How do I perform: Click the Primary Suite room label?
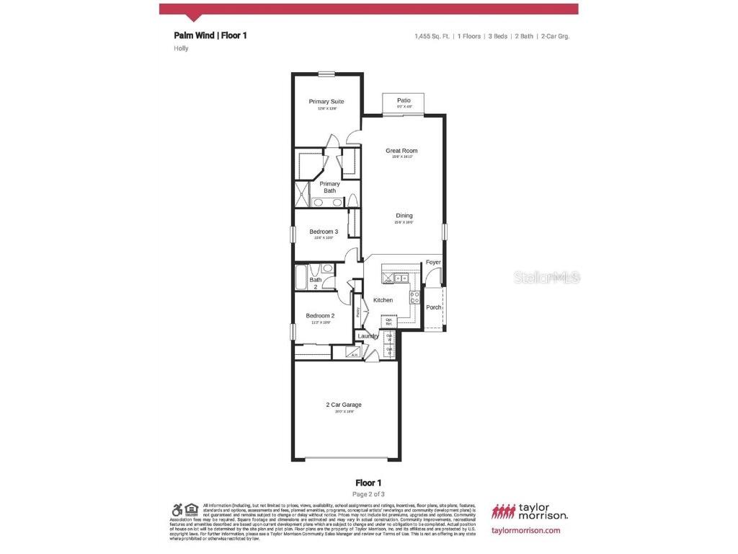pyautogui.click(x=326, y=102)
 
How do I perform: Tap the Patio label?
pyautogui.click(x=404, y=100)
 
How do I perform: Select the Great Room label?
pyautogui.click(x=401, y=151)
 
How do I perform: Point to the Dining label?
pyautogui.click(x=404, y=216)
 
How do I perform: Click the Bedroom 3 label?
pyautogui.click(x=324, y=232)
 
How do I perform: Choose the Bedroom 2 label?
pyautogui.click(x=320, y=316)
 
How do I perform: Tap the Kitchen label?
pyautogui.click(x=383, y=300)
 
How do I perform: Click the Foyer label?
pyautogui.click(x=433, y=262)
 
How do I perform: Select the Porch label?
pyautogui.click(x=433, y=307)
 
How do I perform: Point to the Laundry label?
pyautogui.click(x=368, y=336)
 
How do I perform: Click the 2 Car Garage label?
pyautogui.click(x=344, y=405)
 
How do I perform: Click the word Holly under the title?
pyautogui.click(x=181, y=48)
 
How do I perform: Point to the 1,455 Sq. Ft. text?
pyautogui.click(x=431, y=35)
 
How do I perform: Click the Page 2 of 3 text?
pyautogui.click(x=368, y=494)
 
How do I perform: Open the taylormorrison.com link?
pyautogui.click(x=525, y=530)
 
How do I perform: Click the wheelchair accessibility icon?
pyautogui.click(x=177, y=509)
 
